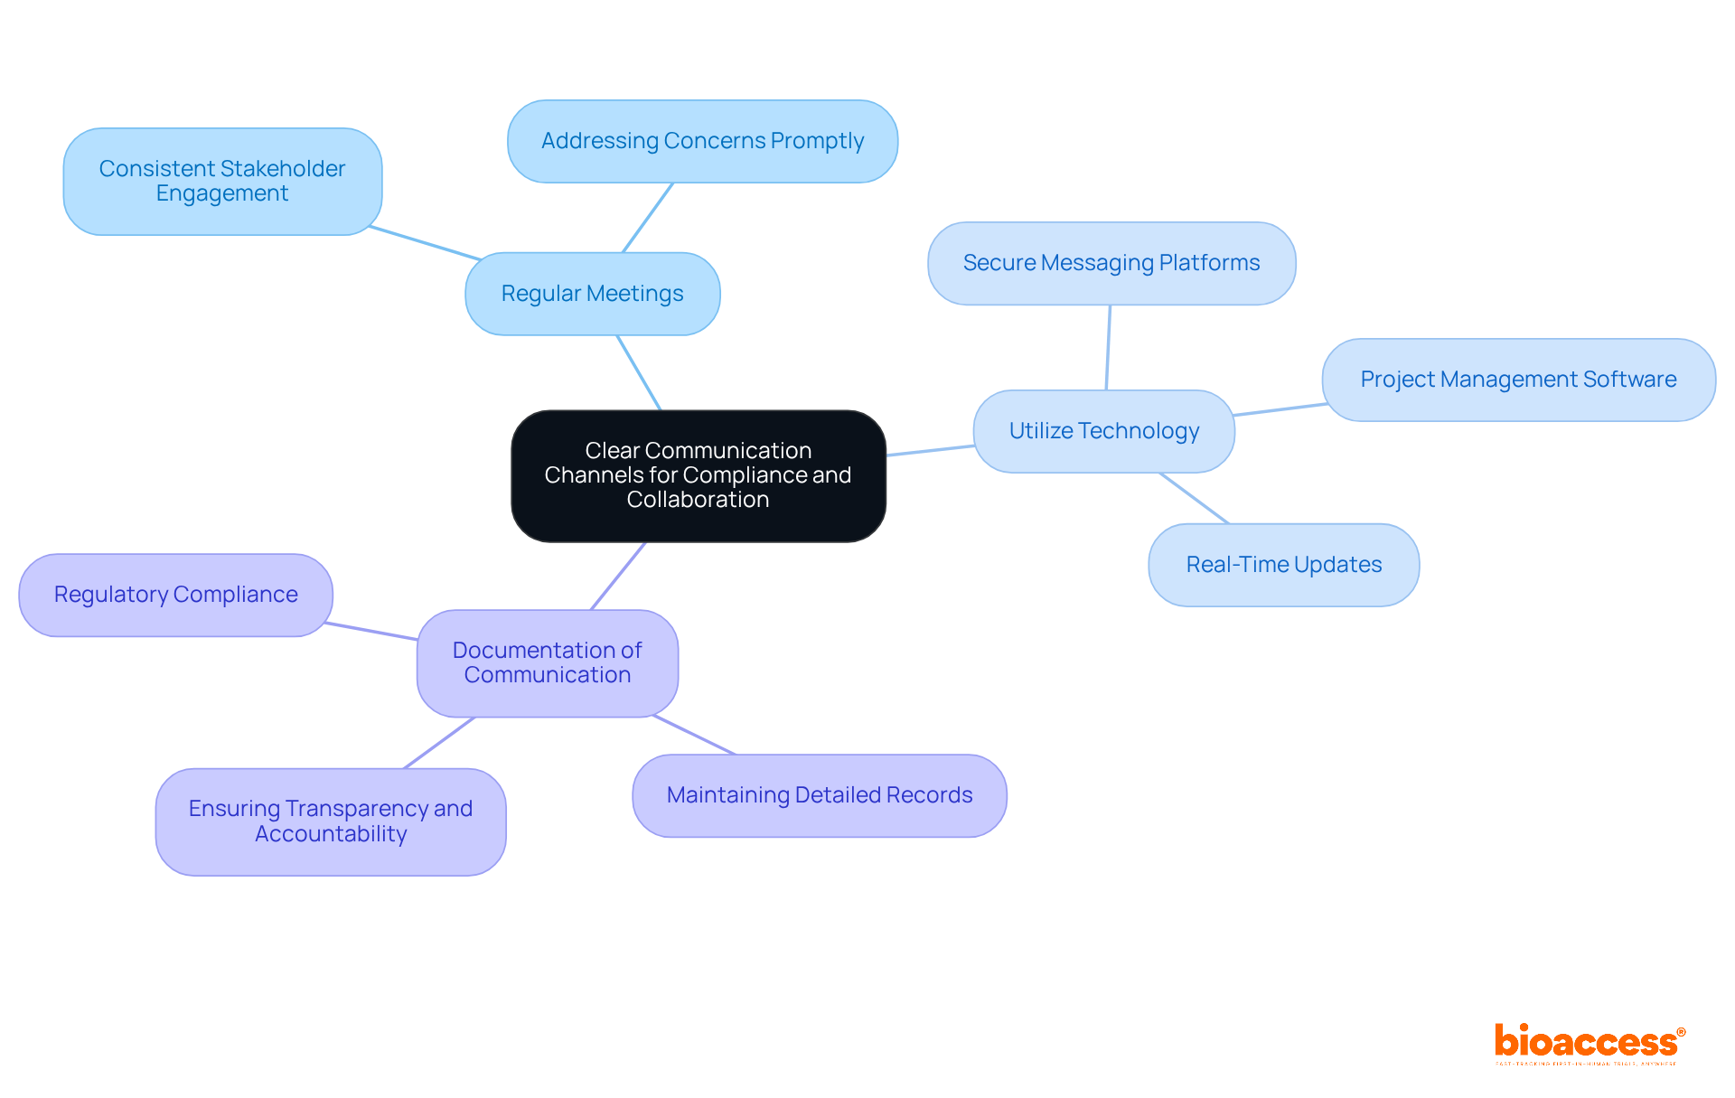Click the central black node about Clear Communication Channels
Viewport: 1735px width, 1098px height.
click(x=698, y=475)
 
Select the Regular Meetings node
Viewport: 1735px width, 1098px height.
click(x=592, y=294)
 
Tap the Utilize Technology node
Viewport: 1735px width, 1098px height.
click(x=1103, y=431)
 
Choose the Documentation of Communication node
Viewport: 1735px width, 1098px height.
click(x=547, y=662)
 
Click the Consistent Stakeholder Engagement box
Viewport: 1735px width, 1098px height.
click(x=222, y=181)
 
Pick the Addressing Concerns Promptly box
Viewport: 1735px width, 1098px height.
click(x=702, y=141)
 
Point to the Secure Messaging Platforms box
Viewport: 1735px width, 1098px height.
click(x=1111, y=263)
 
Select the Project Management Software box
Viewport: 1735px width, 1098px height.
click(x=1518, y=380)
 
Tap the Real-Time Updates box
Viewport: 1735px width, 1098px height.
click(x=1283, y=565)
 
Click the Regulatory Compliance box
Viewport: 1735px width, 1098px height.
click(x=175, y=595)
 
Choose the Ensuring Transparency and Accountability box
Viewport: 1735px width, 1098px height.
click(x=330, y=821)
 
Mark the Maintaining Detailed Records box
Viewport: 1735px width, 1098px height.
click(x=819, y=795)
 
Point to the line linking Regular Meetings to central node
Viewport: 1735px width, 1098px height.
click(x=639, y=373)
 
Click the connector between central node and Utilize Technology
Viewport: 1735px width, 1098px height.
click(x=930, y=450)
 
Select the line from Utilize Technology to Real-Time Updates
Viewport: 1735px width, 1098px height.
click(x=1194, y=498)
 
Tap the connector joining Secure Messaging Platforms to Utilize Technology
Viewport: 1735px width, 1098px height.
click(x=1108, y=348)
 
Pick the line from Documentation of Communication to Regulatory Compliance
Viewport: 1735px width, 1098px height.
click(x=371, y=631)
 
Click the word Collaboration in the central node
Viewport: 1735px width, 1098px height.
click(x=698, y=500)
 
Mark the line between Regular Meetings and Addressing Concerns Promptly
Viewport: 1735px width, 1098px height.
click(x=647, y=218)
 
